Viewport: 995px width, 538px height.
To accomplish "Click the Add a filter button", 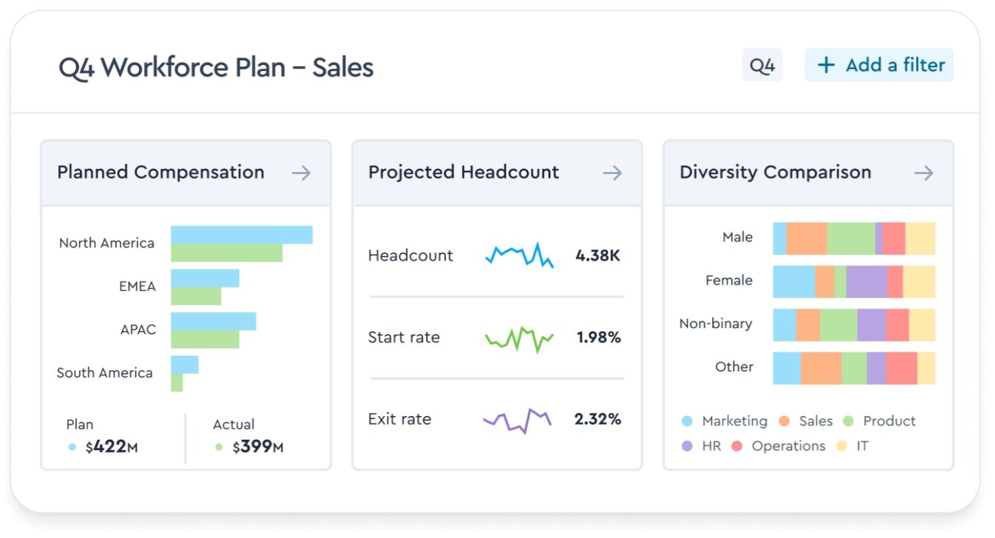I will pyautogui.click(x=879, y=65).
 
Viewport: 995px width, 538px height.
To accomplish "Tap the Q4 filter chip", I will pyautogui.click(x=762, y=66).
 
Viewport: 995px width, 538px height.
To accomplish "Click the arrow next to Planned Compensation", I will pyautogui.click(x=301, y=173).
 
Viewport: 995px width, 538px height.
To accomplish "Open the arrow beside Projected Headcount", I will pyautogui.click(x=612, y=173).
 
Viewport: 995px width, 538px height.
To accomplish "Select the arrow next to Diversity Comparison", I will pyautogui.click(x=923, y=173).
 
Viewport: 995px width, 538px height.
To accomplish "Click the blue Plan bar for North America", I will pyautogui.click(x=241, y=234).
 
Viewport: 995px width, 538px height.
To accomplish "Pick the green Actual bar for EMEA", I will pyautogui.click(x=196, y=296).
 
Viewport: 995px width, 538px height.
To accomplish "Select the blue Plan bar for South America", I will pyautogui.click(x=184, y=365).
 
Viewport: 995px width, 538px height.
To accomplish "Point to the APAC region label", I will pyautogui.click(x=138, y=329).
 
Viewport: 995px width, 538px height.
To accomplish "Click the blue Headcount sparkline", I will pyautogui.click(x=519, y=255).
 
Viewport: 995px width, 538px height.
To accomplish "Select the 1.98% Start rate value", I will pyautogui.click(x=598, y=337).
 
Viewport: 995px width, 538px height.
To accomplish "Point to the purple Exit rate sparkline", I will pyautogui.click(x=517, y=420).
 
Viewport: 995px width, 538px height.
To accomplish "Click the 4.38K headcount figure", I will pyautogui.click(x=597, y=255).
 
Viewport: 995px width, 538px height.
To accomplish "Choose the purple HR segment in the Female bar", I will pyautogui.click(x=866, y=281).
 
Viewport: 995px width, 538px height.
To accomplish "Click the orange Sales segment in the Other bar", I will pyautogui.click(x=820, y=368).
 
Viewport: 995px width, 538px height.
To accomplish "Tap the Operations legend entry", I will pyautogui.click(x=779, y=446).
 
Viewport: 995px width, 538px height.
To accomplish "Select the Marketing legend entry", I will pyautogui.click(x=725, y=421).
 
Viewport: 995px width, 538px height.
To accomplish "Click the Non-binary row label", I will pyautogui.click(x=715, y=323).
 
